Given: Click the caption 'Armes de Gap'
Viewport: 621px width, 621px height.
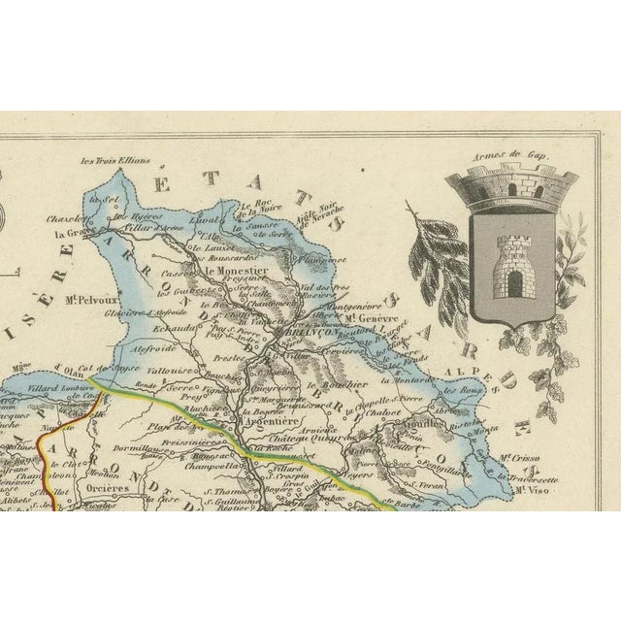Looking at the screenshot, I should (511, 154).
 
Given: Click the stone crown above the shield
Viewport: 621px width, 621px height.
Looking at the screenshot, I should (511, 187).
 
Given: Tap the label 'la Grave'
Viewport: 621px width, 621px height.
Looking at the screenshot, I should (72, 233).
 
